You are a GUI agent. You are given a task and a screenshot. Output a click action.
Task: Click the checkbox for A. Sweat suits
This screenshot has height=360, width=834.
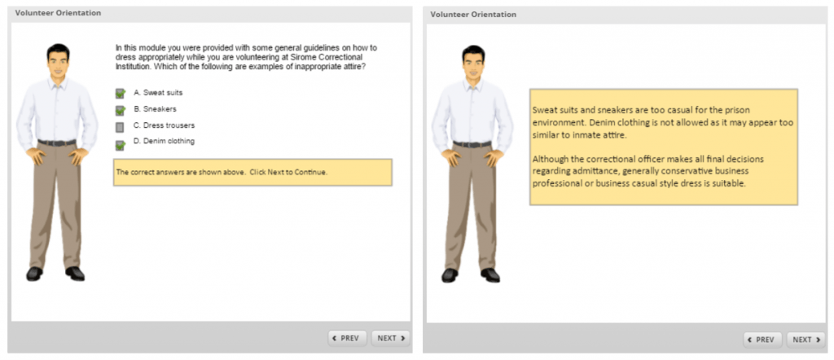[120, 93]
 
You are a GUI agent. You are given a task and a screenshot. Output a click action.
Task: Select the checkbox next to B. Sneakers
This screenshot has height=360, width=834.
[120, 109]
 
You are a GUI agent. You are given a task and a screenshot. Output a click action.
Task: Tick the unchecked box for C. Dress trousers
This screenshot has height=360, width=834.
[120, 126]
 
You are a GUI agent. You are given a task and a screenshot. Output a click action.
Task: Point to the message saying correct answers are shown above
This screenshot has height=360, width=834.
[222, 172]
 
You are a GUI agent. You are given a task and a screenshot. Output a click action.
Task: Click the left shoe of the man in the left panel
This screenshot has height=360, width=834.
[34, 274]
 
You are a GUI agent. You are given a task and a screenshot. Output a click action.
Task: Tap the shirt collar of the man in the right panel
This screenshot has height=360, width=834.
[473, 86]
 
